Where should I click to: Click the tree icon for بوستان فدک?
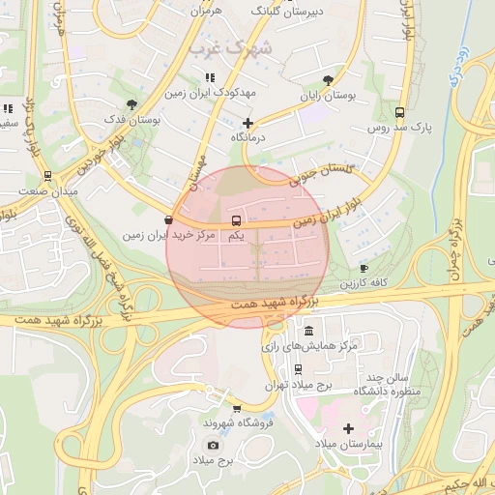pos(131,103)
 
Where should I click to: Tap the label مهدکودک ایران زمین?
pos(210,94)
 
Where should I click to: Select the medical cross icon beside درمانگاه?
pos(248,123)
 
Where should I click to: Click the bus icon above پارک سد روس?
pos(400,112)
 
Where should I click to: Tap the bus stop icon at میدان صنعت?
pos(47,176)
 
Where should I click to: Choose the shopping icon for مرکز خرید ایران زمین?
pos(169,220)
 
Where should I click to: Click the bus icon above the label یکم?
pos(235,220)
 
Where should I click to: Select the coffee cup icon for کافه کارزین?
pos(364,268)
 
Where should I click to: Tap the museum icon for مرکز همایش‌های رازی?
pos(308,331)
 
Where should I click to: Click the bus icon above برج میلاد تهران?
pos(297,368)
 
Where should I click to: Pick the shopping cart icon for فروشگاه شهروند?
pos(237,408)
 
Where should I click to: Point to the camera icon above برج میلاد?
pos(213,445)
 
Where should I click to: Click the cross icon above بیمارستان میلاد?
pos(348,427)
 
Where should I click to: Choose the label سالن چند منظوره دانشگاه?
pos(390,384)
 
